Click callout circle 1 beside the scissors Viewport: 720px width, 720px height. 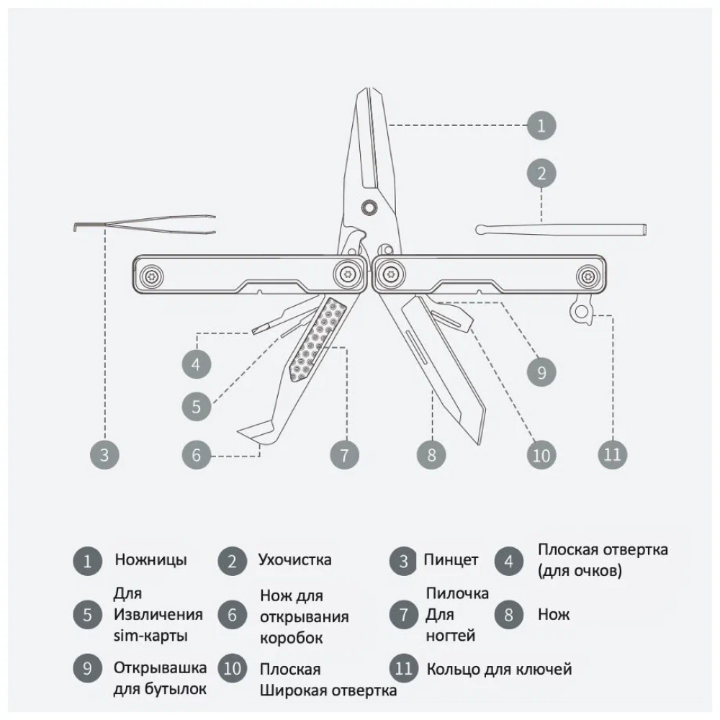[x=541, y=125]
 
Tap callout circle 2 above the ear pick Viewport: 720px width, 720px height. [x=541, y=174]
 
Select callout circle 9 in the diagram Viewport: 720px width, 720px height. [x=541, y=372]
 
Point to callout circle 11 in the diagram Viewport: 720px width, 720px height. [x=613, y=454]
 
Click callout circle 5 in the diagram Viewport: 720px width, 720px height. [x=197, y=406]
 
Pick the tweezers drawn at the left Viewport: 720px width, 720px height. [x=145, y=225]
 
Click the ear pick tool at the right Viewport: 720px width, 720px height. [x=561, y=229]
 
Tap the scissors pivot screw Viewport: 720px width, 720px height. [x=368, y=207]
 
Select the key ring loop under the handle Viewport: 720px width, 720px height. [x=580, y=311]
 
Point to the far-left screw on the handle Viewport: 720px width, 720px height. [x=151, y=276]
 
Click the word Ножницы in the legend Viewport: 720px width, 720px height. [x=150, y=559]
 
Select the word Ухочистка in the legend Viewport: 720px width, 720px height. [x=294, y=559]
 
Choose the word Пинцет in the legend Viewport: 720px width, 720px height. [x=451, y=560]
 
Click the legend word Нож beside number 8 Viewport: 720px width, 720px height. [x=554, y=614]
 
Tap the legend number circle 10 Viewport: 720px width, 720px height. [x=233, y=668]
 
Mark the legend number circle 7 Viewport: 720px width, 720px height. [x=404, y=614]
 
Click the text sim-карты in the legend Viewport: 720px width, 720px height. [x=150, y=636]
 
